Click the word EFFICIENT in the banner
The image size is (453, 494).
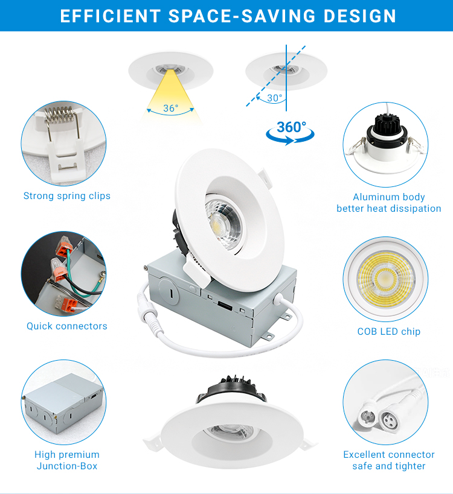[111, 16]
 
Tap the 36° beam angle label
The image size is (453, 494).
[171, 108]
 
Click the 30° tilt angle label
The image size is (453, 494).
[274, 98]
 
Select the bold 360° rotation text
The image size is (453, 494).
[291, 127]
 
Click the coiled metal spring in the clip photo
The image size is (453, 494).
[60, 114]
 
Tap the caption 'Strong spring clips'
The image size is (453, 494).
[67, 195]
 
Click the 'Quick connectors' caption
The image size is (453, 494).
[67, 326]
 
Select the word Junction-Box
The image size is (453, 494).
[67, 466]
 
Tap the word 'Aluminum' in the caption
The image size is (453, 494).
[372, 197]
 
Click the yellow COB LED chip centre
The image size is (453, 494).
[385, 277]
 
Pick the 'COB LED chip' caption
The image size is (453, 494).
[388, 331]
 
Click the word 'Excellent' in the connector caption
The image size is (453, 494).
[364, 454]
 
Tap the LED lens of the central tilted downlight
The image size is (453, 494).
[223, 223]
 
